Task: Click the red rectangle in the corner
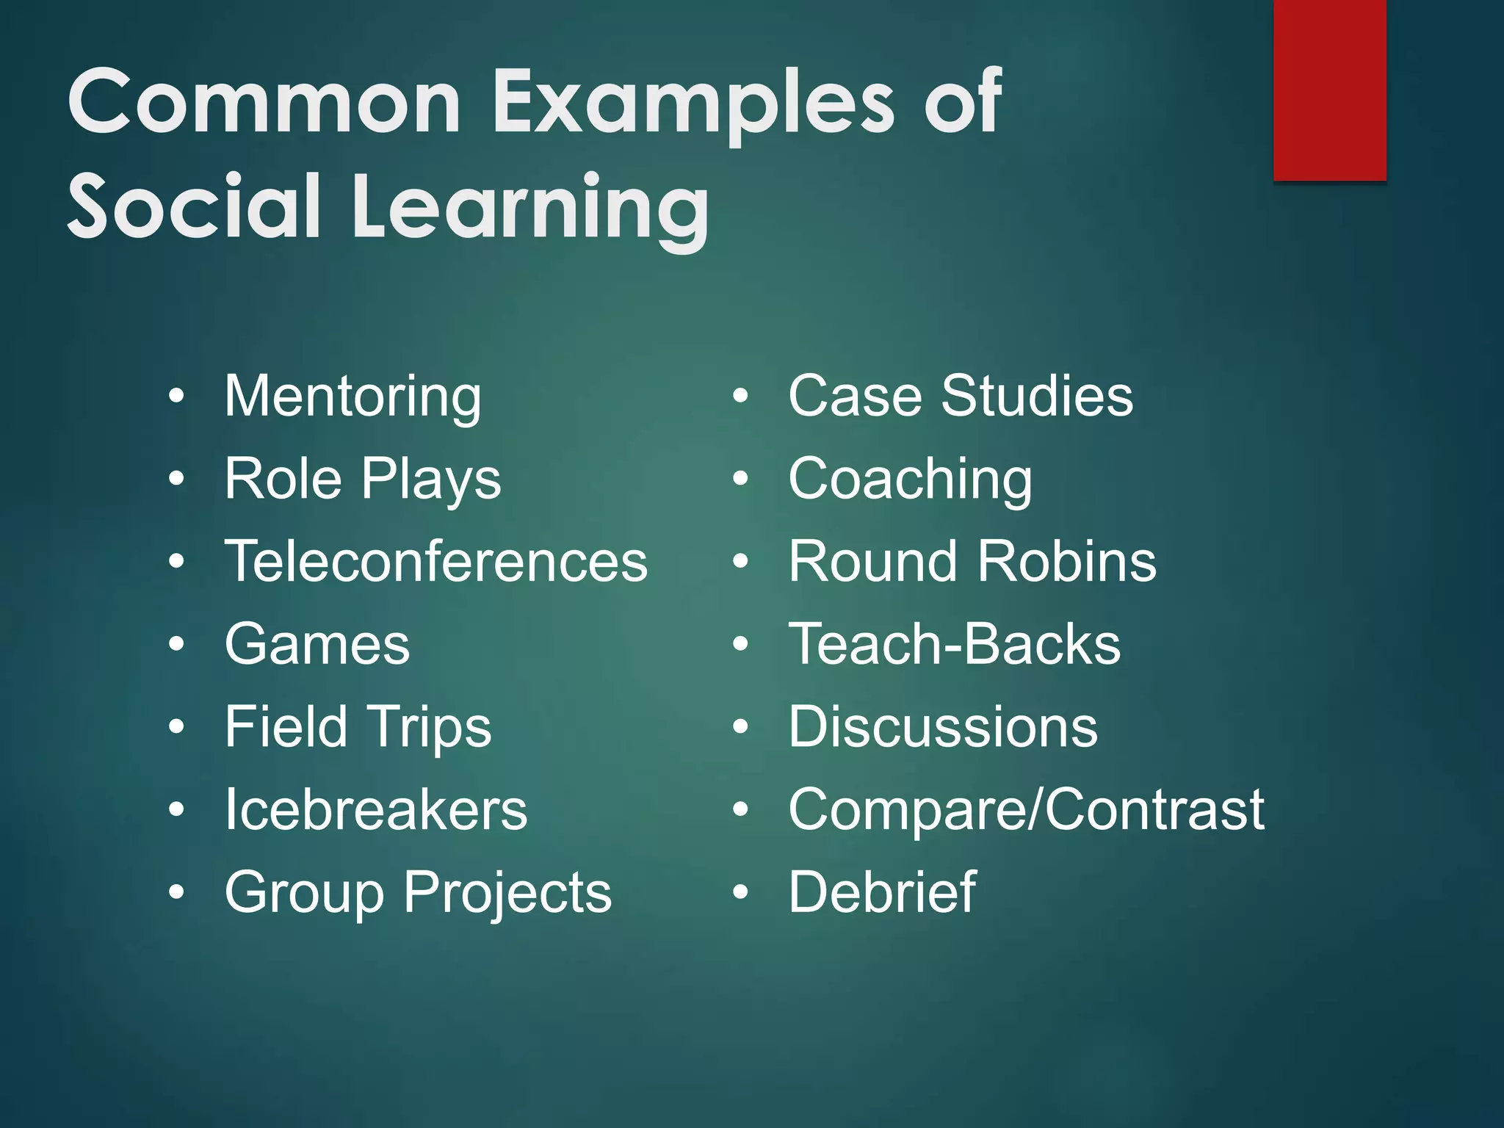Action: tap(1329, 90)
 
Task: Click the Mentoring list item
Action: tap(352, 397)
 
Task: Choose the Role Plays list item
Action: tap(363, 479)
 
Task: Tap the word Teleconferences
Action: tap(436, 562)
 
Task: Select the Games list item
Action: tap(317, 644)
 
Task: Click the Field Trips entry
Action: tap(358, 727)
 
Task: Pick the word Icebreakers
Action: tap(376, 809)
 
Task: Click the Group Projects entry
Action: tap(418, 892)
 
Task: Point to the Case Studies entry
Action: tap(961, 397)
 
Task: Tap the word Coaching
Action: tap(910, 479)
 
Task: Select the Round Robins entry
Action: tap(972, 562)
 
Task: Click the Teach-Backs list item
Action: tap(955, 644)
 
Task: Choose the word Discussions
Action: tap(943, 727)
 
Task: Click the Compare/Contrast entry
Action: tap(1026, 809)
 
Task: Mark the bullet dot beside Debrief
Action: tap(740, 892)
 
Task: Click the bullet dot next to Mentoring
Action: tap(176, 397)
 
